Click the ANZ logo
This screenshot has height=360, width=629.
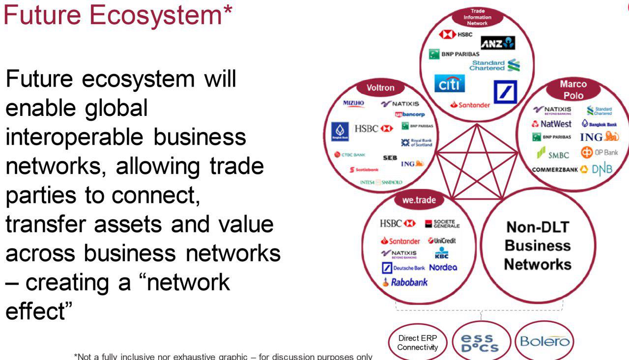click(498, 43)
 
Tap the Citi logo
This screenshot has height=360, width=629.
click(450, 83)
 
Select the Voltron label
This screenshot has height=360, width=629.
click(380, 88)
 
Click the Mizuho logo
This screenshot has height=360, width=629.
click(354, 103)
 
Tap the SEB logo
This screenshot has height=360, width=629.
click(390, 158)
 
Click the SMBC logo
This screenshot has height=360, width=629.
click(553, 155)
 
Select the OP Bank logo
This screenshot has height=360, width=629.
click(600, 153)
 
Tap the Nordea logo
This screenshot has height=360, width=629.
click(443, 268)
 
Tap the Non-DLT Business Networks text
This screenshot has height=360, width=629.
click(538, 246)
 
